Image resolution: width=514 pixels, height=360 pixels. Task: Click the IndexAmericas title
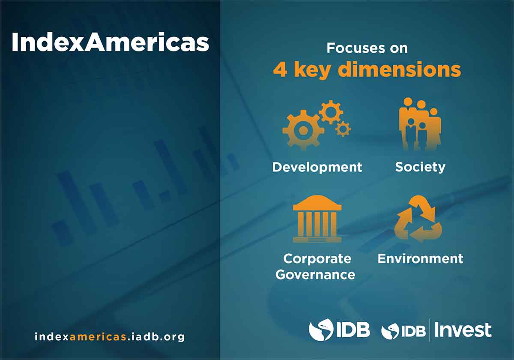coord(111,42)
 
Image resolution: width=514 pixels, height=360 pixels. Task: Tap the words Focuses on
coord(367,48)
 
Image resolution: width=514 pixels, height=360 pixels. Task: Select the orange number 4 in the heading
coord(280,69)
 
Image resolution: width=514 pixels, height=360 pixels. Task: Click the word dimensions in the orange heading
coord(399,69)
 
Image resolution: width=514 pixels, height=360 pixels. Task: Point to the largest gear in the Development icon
coord(303,130)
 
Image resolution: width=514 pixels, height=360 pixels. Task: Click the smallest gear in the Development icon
coord(343,129)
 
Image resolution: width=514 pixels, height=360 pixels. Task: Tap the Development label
coord(317,168)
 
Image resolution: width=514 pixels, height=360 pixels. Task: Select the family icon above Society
coord(420,124)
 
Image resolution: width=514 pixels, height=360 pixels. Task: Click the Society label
coord(420,167)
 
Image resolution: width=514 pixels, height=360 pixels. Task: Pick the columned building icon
coord(317,219)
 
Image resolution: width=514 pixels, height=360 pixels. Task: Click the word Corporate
coord(317,259)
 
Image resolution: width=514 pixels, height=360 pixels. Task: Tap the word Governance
coord(315,275)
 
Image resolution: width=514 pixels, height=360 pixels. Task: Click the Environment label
coord(420,259)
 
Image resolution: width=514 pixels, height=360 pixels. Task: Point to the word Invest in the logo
coord(463,330)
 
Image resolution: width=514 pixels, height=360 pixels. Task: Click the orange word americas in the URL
coord(98,336)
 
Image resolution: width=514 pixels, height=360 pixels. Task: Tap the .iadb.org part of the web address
coord(156,337)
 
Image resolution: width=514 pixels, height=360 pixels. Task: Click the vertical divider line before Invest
coord(430,330)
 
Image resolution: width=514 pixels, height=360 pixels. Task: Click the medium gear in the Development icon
coord(331,112)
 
